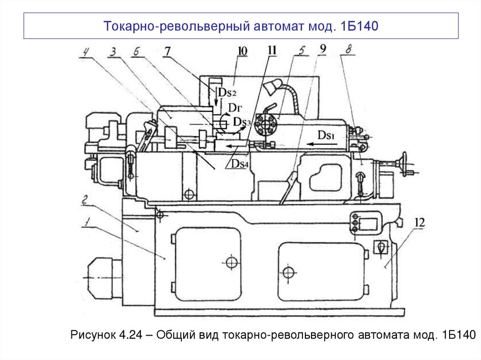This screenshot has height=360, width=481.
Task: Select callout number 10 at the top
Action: (x=242, y=50)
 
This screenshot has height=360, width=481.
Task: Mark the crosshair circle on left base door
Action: (x=231, y=261)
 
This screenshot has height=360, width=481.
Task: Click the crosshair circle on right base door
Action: (x=288, y=272)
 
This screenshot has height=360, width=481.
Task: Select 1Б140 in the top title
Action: (x=357, y=26)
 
